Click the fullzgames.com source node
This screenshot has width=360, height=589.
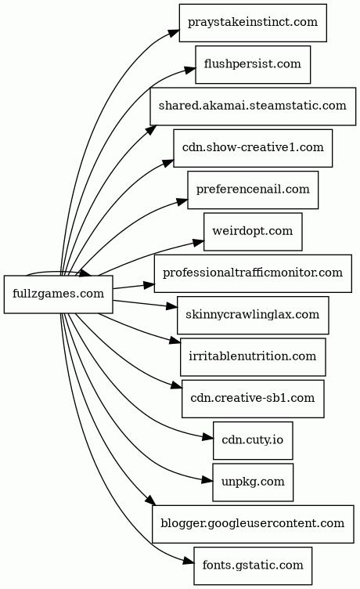[x=58, y=294]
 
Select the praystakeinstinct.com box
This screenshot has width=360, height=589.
[x=253, y=23]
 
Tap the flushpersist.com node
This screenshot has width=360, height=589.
[x=253, y=64]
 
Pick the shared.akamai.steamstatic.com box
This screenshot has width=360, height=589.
[x=253, y=107]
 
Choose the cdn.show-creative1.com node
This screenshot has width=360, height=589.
[x=253, y=148]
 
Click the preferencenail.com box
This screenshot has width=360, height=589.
[x=253, y=190]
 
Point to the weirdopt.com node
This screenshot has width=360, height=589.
[x=253, y=232]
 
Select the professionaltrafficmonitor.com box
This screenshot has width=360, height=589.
[x=253, y=273]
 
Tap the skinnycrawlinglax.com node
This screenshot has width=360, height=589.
[x=253, y=315]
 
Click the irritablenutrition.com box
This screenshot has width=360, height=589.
[x=253, y=357]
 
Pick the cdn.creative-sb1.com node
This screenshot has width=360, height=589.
[x=253, y=399]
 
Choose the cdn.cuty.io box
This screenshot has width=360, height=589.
[x=253, y=440]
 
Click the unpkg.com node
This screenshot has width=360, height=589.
[x=253, y=482]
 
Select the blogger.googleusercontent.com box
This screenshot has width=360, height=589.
[x=253, y=524]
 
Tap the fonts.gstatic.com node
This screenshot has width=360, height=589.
[x=253, y=566]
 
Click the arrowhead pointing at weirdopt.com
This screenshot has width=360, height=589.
[x=199, y=242]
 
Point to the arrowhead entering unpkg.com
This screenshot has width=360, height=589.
[x=207, y=480]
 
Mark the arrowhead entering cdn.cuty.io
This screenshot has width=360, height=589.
[x=208, y=437]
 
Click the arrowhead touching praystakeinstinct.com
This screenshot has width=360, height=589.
[x=174, y=32]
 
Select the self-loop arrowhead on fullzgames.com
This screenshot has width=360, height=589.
[x=85, y=273]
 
